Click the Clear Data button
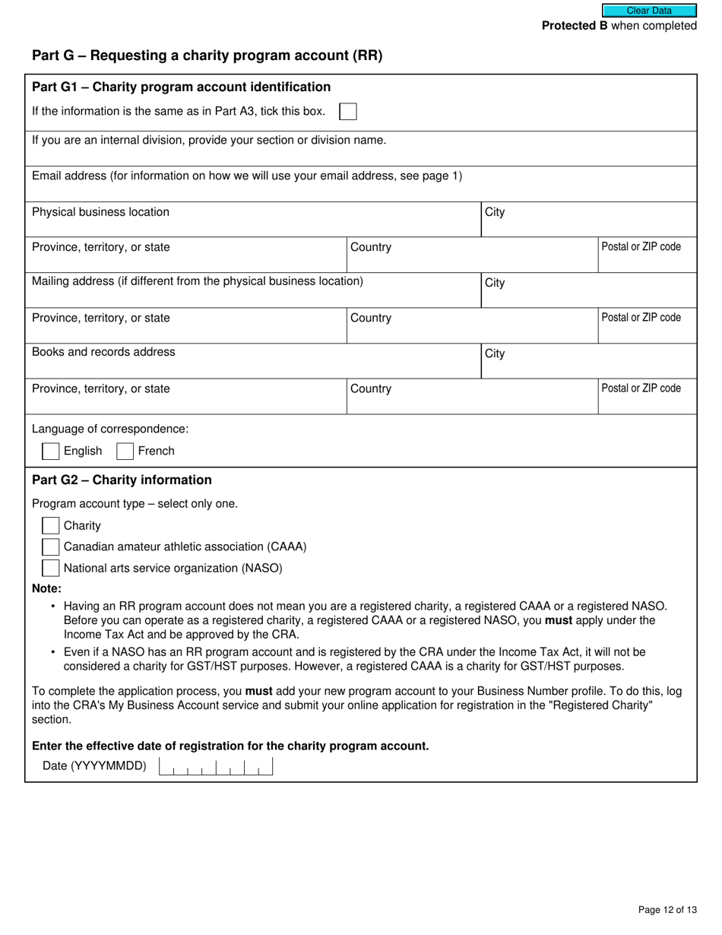coord(649,11)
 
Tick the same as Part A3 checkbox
coord(347,112)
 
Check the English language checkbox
coord(51,451)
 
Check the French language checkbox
coord(125,451)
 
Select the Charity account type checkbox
coord(51,525)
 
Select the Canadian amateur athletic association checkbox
coord(51,547)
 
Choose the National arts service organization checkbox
coord(51,568)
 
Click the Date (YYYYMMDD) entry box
coord(216,766)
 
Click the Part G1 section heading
coord(181,87)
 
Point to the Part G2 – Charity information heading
coord(122,480)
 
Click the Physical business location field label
coord(100,212)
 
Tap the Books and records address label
coord(103,352)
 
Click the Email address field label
coord(246,176)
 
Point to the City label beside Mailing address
coord(495,283)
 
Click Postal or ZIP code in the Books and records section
coord(641,388)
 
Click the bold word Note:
coord(46,588)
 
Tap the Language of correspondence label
coord(110,429)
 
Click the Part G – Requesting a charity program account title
coord(207,55)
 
